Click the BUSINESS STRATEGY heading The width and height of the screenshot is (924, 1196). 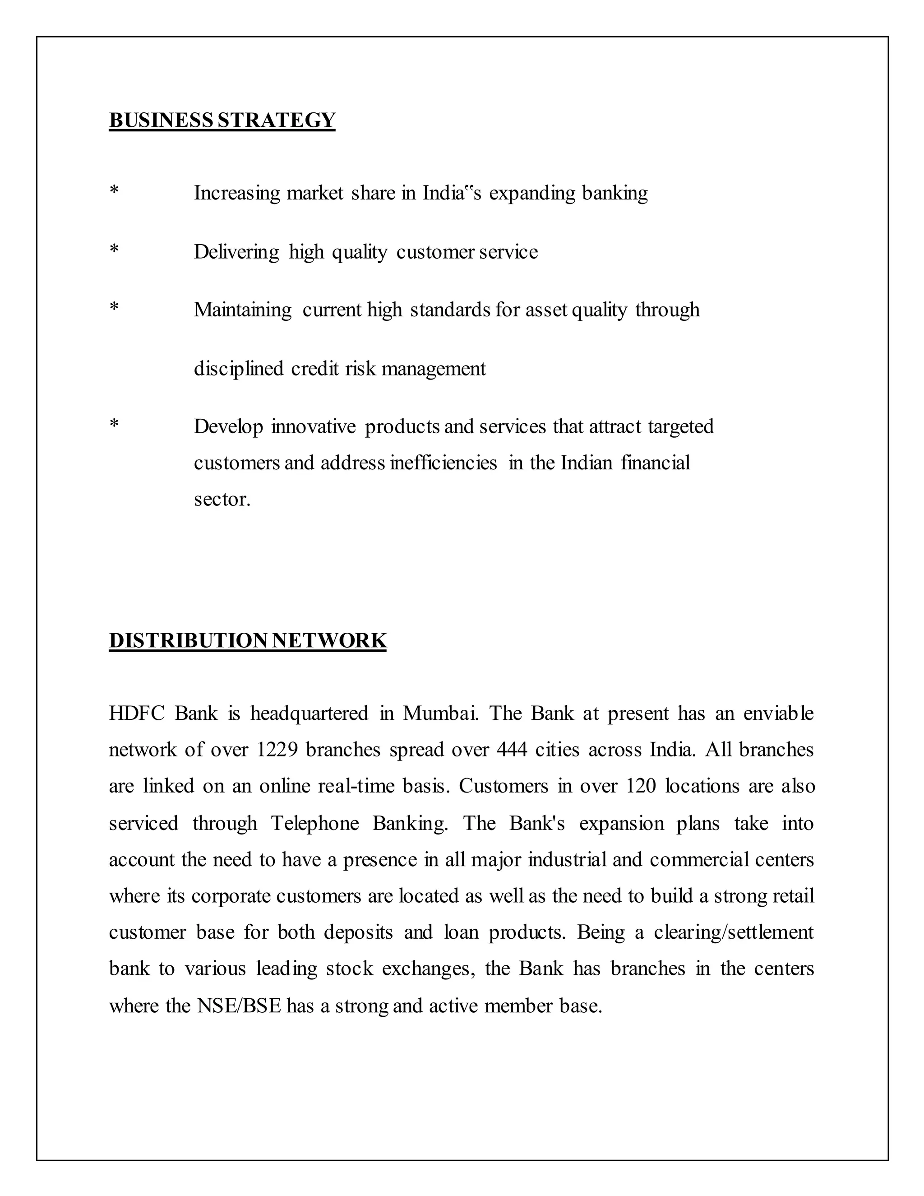coord(222,120)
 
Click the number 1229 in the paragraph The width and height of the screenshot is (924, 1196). coord(277,750)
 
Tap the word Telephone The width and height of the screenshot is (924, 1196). coord(315,823)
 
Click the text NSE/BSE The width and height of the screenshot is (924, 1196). coord(239,1006)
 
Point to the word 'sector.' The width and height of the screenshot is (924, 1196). coord(222,500)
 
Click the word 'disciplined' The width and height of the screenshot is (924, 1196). coord(239,369)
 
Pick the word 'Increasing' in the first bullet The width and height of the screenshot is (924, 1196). coord(236,193)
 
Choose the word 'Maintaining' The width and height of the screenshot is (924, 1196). coord(242,310)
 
